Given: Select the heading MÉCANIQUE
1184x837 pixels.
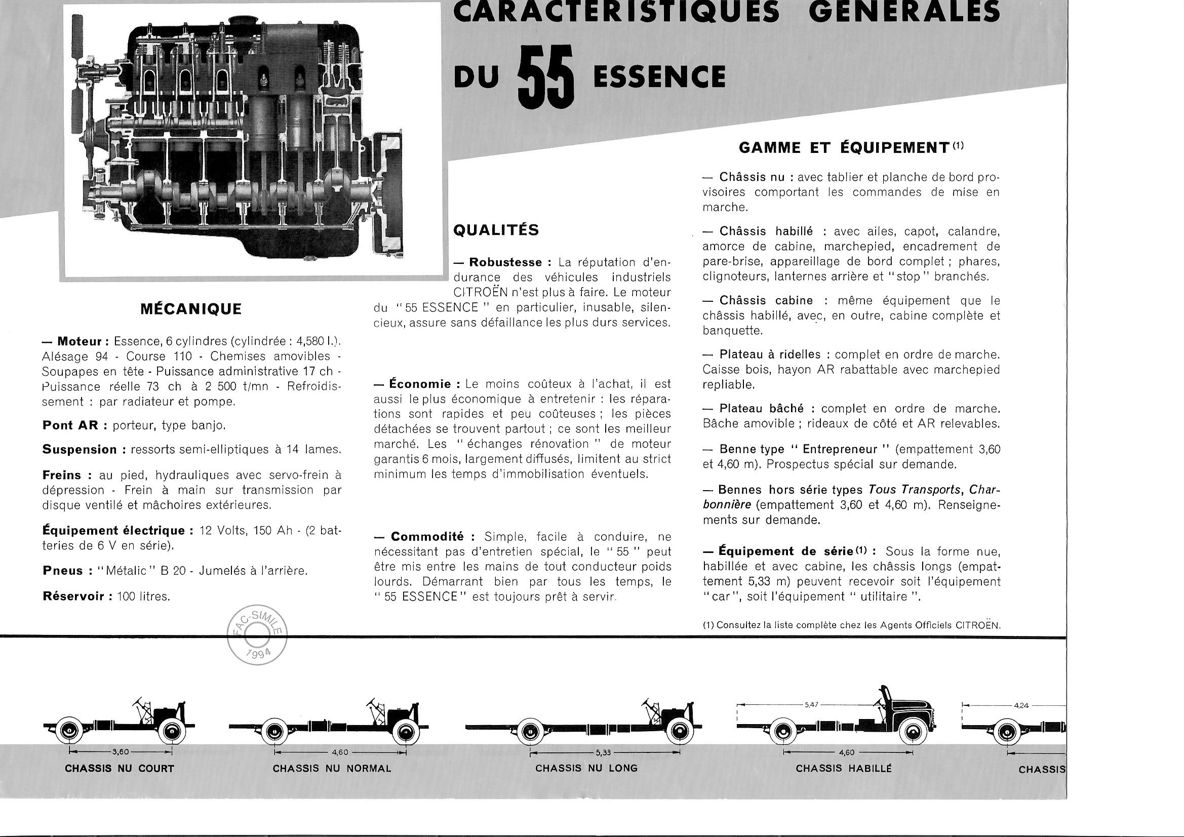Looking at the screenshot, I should (191, 309).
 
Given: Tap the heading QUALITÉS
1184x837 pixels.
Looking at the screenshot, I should (496, 230).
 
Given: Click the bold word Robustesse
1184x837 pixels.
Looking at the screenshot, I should (505, 262).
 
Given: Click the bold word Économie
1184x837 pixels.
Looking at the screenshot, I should (420, 384).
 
